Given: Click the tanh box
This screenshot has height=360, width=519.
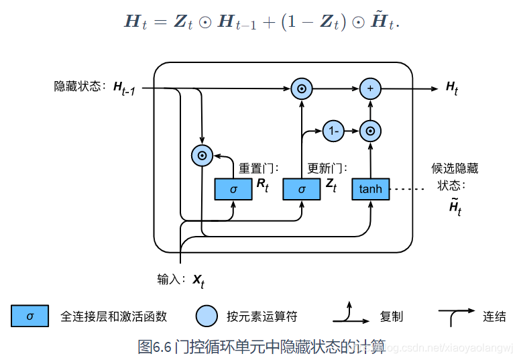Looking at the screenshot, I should tap(371, 190).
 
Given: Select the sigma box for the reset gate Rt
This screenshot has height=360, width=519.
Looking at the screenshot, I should tap(233, 190).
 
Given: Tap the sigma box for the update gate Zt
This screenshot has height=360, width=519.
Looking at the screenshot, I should tap(301, 190).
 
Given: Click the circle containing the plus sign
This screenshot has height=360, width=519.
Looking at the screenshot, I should tap(370, 88).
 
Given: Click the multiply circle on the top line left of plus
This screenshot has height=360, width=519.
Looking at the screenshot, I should tap(302, 88).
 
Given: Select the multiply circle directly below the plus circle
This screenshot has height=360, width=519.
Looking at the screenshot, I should tap(370, 131).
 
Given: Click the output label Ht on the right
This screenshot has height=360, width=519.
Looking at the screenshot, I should tap(452, 88).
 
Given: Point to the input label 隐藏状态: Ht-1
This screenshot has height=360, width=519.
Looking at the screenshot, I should tap(95, 87).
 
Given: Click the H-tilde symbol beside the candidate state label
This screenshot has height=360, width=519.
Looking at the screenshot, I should tap(455, 207).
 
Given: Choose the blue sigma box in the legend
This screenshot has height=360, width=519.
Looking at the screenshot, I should tap(30, 316).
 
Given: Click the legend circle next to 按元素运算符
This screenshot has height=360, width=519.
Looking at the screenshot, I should tap(207, 316).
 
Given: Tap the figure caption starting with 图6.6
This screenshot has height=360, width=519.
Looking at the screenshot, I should tap(262, 347).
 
